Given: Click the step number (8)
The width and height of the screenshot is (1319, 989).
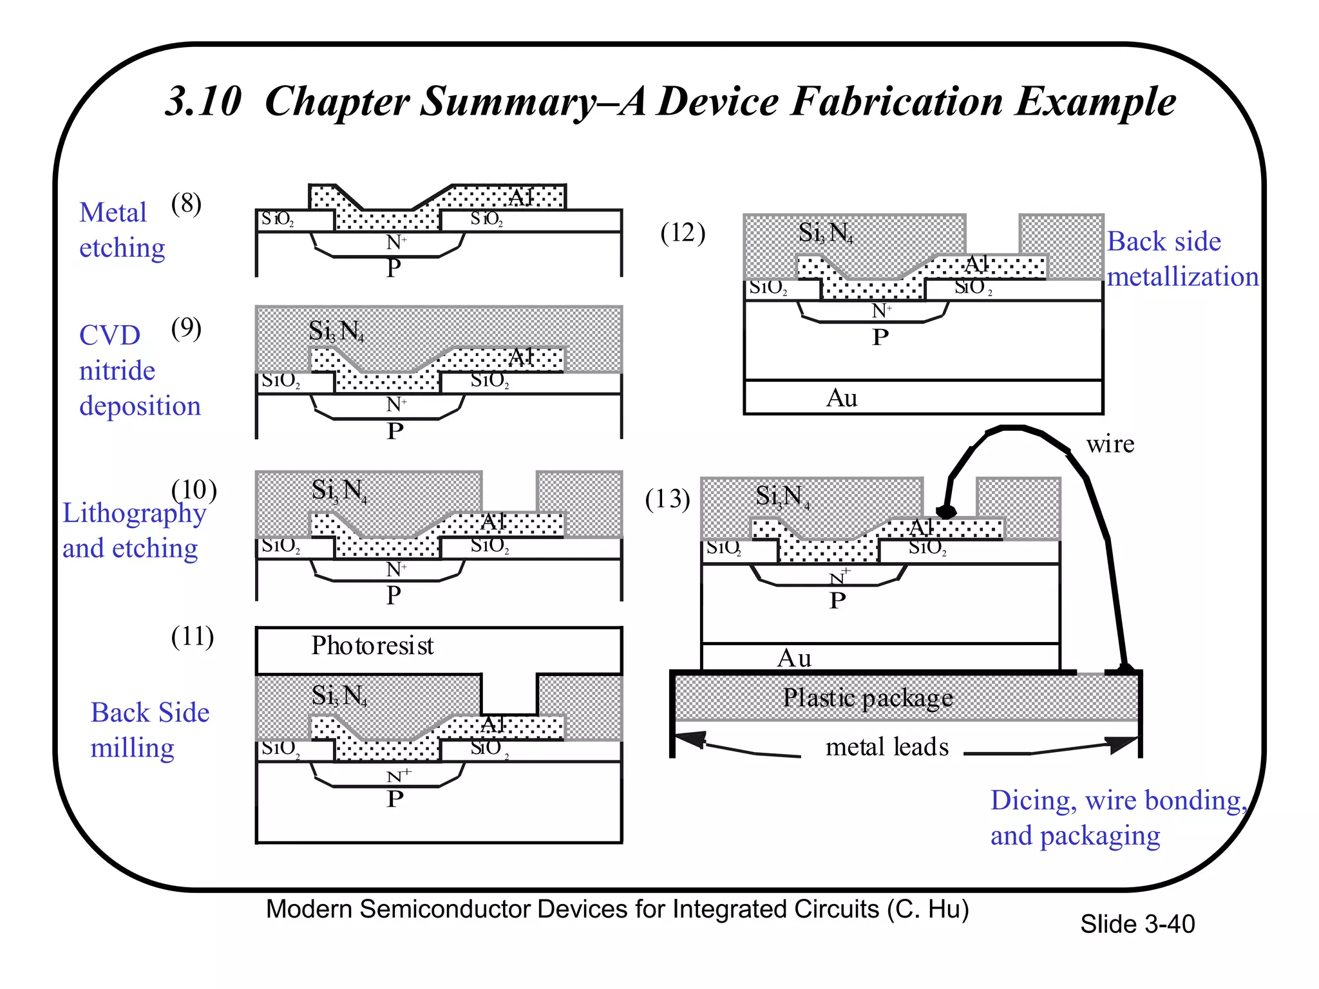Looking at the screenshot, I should tap(186, 204).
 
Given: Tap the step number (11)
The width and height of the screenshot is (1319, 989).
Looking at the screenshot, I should tap(192, 637).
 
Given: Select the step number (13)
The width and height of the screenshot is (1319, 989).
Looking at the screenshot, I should tap(667, 499).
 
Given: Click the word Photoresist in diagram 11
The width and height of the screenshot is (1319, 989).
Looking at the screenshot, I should tap(372, 646).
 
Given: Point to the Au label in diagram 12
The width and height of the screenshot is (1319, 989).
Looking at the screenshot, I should tap(841, 398).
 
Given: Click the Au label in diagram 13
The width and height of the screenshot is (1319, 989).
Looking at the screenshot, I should tap(793, 658).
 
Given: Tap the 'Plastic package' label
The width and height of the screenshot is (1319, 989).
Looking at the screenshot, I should tap(867, 698).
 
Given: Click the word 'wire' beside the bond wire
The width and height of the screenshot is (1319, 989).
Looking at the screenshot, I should tap(1110, 444).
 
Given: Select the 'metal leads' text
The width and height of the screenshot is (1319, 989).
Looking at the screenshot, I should tap(887, 747).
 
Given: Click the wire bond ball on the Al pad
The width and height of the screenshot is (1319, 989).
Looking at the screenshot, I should tap(946, 512).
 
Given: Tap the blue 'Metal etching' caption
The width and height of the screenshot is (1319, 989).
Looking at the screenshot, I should tap(122, 230).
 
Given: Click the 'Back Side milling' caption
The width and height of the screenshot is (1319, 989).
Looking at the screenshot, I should tap(149, 730).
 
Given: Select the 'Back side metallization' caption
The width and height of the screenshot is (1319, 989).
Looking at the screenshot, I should tap(1182, 259).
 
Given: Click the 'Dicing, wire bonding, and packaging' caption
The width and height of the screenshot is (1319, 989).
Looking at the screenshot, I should tap(1117, 818).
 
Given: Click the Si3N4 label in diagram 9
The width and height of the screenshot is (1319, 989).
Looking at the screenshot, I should tap(336, 332).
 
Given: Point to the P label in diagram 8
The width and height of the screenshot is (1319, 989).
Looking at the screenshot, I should tap(394, 267).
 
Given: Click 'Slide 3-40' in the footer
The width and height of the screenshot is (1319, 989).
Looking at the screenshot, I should tap(1137, 925).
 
